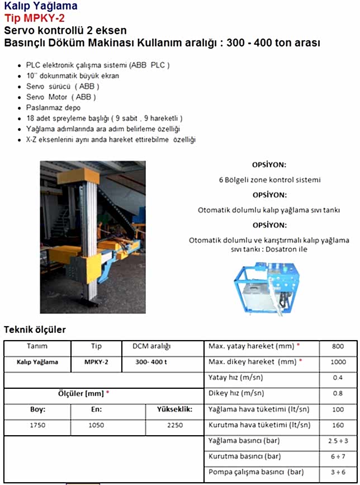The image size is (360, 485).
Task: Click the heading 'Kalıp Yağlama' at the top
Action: (x=41, y=6)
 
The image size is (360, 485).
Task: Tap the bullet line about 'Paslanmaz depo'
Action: (x=53, y=107)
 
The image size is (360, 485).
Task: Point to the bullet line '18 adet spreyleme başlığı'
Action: (x=105, y=119)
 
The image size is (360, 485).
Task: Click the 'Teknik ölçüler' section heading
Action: (x=35, y=329)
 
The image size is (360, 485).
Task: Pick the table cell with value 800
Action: (x=338, y=346)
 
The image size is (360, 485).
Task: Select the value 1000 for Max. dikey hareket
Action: (x=338, y=362)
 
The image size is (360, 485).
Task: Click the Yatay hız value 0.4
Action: (x=338, y=378)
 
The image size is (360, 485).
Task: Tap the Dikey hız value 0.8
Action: (x=338, y=393)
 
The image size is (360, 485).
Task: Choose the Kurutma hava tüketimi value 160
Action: (x=338, y=425)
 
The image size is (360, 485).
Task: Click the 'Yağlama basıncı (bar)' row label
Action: (x=244, y=441)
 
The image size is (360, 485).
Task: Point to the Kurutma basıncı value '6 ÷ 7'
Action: (x=338, y=456)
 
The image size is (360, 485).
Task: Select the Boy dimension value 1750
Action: (x=37, y=425)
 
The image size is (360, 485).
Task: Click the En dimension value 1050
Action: (x=96, y=425)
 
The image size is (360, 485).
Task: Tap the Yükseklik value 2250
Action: (x=174, y=425)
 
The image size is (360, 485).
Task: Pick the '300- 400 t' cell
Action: (x=151, y=362)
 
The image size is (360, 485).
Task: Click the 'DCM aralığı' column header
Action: (x=151, y=346)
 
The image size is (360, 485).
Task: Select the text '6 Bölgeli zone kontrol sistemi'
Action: (x=269, y=180)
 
